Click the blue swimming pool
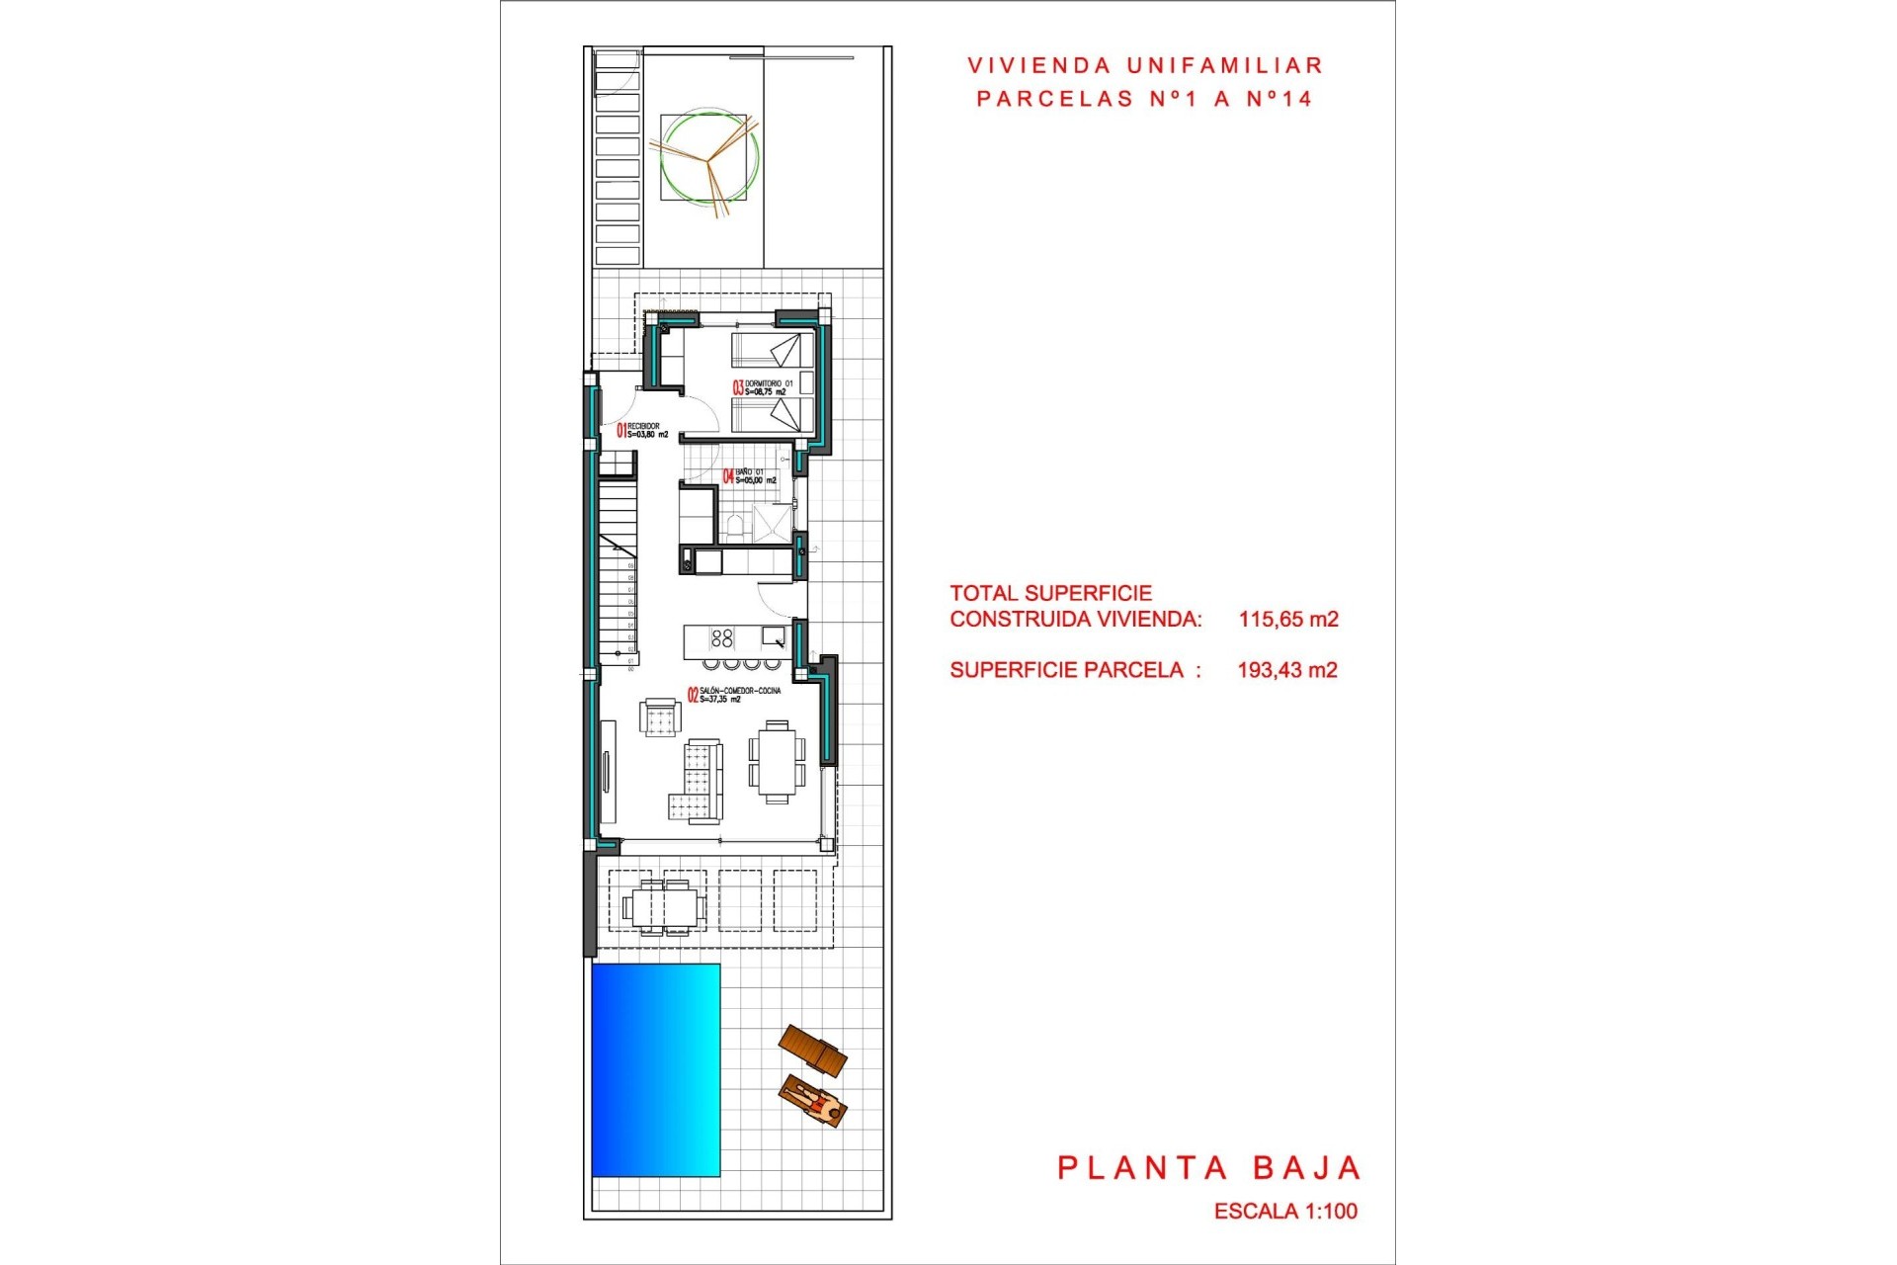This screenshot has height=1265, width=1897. click(x=655, y=1069)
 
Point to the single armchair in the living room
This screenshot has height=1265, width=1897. click(x=660, y=717)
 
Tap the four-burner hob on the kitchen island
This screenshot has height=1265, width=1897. click(x=722, y=638)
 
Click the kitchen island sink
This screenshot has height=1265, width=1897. click(x=773, y=635)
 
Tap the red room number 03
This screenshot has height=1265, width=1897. click(x=737, y=387)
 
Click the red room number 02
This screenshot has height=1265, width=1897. click(x=693, y=695)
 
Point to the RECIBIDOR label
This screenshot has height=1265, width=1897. click(x=643, y=426)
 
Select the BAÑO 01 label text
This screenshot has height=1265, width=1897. click(x=749, y=472)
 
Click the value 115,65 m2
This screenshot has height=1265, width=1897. click(x=1288, y=620)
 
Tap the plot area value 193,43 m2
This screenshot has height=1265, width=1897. click(x=1287, y=670)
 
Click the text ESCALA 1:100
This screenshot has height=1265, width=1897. click(x=1285, y=1211)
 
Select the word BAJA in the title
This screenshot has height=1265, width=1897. click(x=1307, y=1168)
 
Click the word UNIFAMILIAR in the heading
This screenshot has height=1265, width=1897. click(x=1224, y=66)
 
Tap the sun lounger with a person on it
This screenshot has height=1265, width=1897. click(x=813, y=1101)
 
